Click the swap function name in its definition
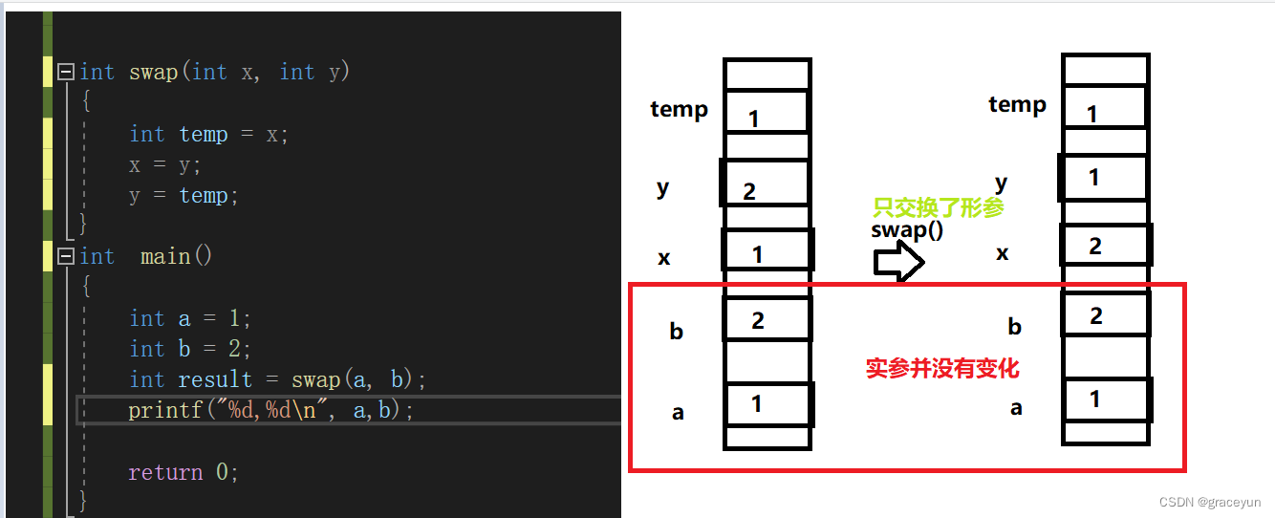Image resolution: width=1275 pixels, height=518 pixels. coord(153,73)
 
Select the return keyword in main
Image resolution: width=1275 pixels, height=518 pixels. coord(165,472)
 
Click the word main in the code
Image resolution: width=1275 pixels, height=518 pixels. coord(165,256)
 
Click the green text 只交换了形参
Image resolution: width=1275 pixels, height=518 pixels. coord(938,208)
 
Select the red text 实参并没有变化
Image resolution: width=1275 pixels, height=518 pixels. coord(942,368)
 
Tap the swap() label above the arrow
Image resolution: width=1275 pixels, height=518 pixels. coord(907,230)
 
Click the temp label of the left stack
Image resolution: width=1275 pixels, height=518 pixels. coord(679,110)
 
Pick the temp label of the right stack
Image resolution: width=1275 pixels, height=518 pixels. coord(1017,105)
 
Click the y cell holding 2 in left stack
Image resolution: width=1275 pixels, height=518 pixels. coord(767,184)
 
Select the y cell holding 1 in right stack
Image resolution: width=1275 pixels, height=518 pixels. coord(1104,178)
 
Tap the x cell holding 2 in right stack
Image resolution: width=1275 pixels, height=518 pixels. coord(1105,246)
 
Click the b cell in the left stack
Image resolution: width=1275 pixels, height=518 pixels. coord(767,319)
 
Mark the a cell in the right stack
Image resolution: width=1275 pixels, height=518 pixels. coord(1105,399)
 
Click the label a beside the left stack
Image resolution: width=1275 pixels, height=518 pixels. coord(678,413)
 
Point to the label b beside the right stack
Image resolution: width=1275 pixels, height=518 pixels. coord(1015,327)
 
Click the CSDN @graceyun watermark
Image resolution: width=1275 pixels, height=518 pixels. coord(1210,503)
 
